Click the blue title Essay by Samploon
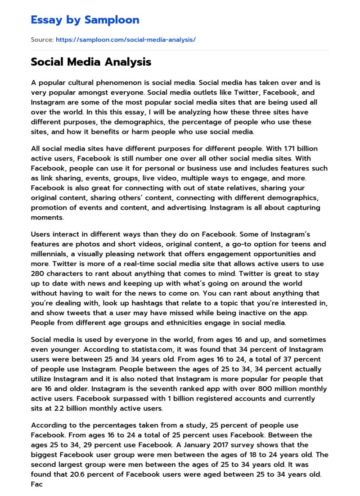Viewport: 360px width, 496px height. click(x=85, y=20)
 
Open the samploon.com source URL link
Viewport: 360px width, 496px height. click(x=126, y=40)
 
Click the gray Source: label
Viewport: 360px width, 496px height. click(x=42, y=40)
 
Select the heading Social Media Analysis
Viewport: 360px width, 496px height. click(x=91, y=62)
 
